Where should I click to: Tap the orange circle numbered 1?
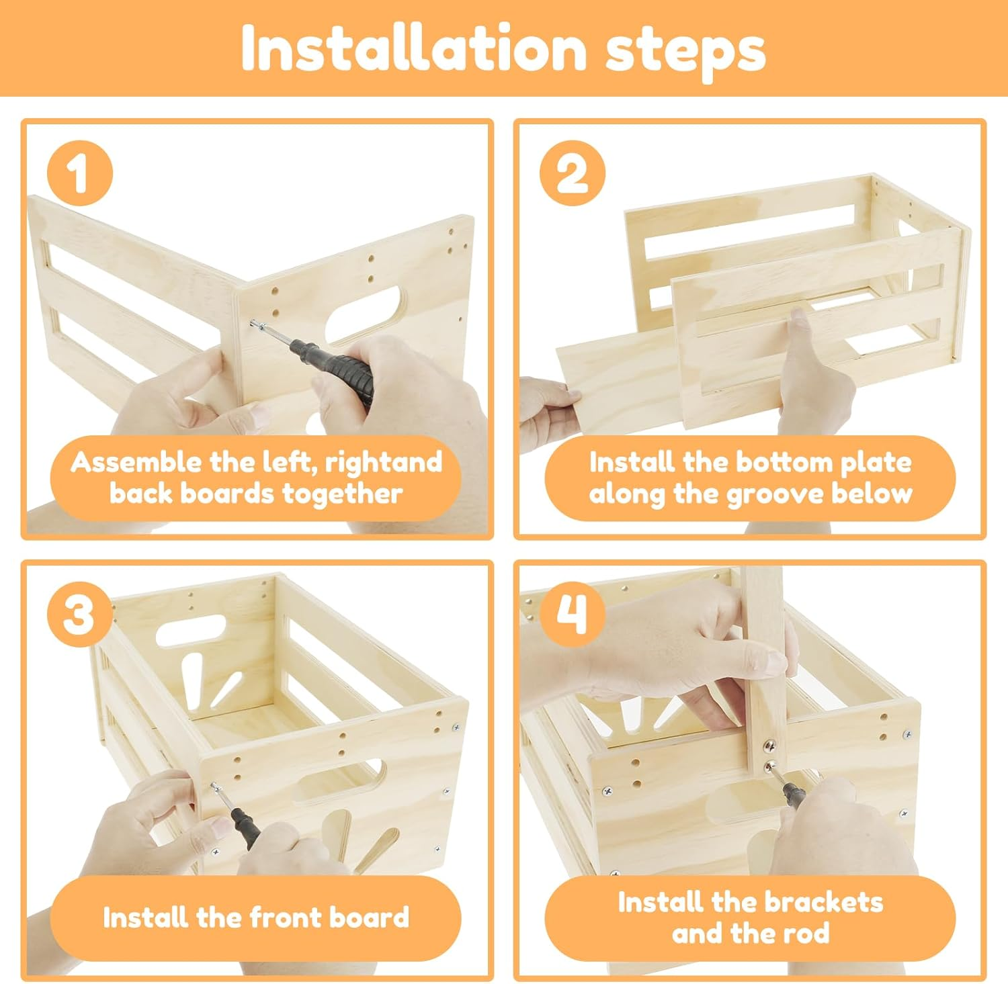79,173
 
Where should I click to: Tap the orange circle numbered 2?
572,173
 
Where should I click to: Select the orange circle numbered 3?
79,613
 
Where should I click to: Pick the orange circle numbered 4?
572,613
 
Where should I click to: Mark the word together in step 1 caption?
342,494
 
